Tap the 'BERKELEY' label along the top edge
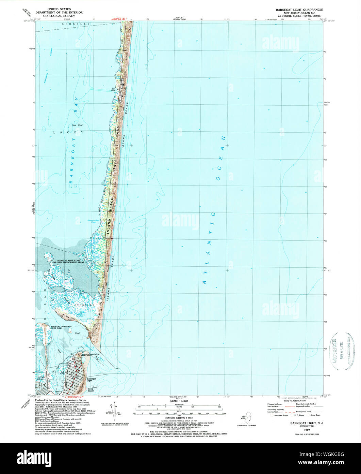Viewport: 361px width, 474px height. click(x=75, y=24)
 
